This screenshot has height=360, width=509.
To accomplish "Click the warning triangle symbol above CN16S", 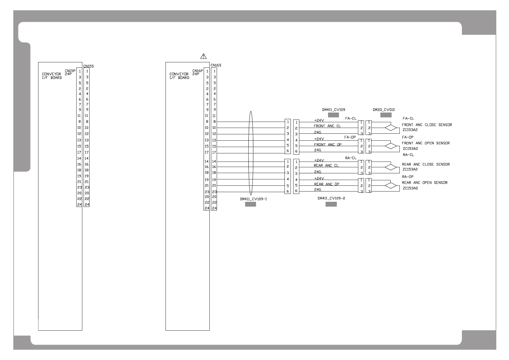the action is coord(204,56).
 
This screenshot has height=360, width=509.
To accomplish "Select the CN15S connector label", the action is coord(88,66).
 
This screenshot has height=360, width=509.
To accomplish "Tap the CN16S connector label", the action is coord(216,65).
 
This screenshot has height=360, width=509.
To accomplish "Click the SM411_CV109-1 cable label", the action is coord(253,199).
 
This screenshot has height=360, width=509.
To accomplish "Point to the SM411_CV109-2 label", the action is coord(331,198).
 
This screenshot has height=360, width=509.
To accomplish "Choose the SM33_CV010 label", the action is coord(383,110).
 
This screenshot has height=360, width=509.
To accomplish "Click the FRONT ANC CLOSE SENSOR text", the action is coord(427,125).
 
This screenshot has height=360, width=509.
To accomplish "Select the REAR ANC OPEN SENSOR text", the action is coord(425,182).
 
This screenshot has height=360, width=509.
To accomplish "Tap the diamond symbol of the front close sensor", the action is coord(391,128).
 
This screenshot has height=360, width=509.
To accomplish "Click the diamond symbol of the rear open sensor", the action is coord(391,185).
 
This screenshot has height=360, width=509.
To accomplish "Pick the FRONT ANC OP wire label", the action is coord(327,145).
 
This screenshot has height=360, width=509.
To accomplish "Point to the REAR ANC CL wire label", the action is coord(326,165).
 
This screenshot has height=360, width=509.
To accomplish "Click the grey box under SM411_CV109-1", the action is coord(250,204).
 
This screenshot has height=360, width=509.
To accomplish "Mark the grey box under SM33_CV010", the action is coord(386,115).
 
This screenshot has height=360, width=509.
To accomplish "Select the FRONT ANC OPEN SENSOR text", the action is coord(425,143).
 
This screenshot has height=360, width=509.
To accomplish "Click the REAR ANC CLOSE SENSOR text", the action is coord(425,164).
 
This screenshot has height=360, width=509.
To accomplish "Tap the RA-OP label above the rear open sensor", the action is coord(407,177).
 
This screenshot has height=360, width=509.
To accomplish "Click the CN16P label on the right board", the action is coord(198,71).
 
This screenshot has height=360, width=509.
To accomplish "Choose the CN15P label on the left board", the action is coord(70,71).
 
